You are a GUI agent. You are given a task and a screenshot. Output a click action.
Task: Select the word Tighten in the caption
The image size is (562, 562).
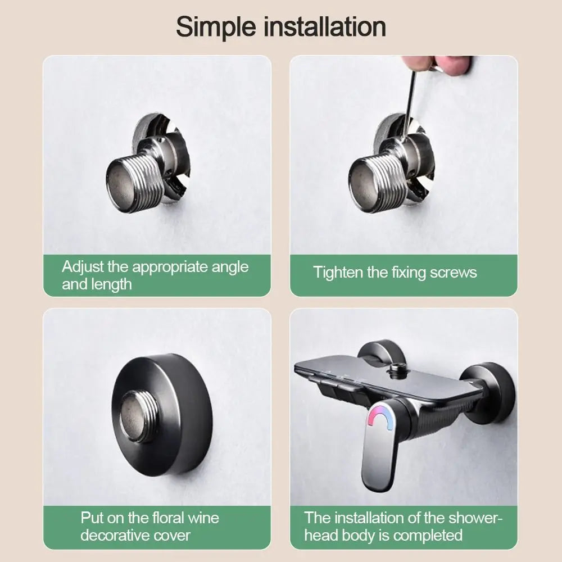(x=338, y=273)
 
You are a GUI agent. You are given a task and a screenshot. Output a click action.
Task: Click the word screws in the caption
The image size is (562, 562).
(x=453, y=273)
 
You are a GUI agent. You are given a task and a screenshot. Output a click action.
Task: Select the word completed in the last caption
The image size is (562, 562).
(x=428, y=534)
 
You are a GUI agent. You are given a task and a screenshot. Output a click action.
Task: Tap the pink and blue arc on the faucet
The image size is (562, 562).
(x=380, y=418)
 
